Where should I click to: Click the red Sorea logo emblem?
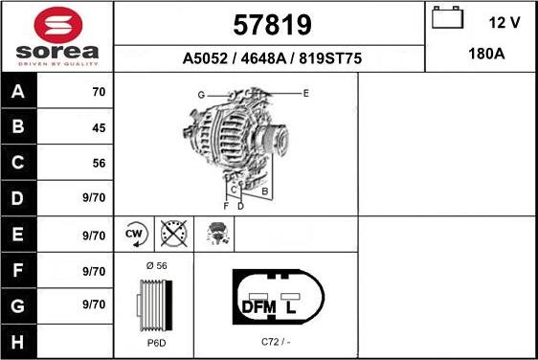[58, 25]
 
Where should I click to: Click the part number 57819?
[272, 25]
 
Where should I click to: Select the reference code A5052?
[205, 58]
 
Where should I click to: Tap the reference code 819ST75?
[330, 58]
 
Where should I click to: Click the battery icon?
[447, 17]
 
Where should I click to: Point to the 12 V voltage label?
[504, 23]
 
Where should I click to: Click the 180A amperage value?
[486, 54]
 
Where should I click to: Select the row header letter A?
[18, 91]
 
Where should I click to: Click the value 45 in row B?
[99, 128]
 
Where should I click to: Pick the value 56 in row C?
[99, 163]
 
